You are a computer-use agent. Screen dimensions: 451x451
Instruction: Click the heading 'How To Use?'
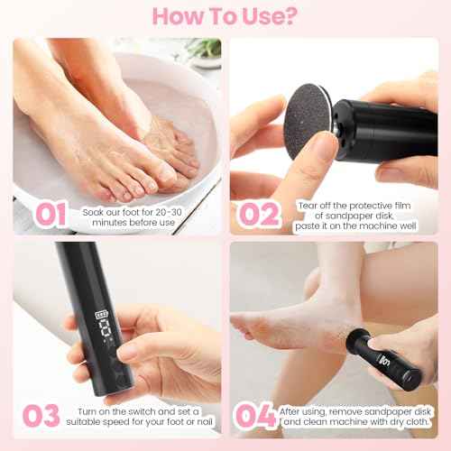tap(225, 16)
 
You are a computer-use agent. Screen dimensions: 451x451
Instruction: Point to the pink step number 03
tap(41, 416)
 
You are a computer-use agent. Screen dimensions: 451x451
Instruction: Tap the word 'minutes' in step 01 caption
tap(107, 221)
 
